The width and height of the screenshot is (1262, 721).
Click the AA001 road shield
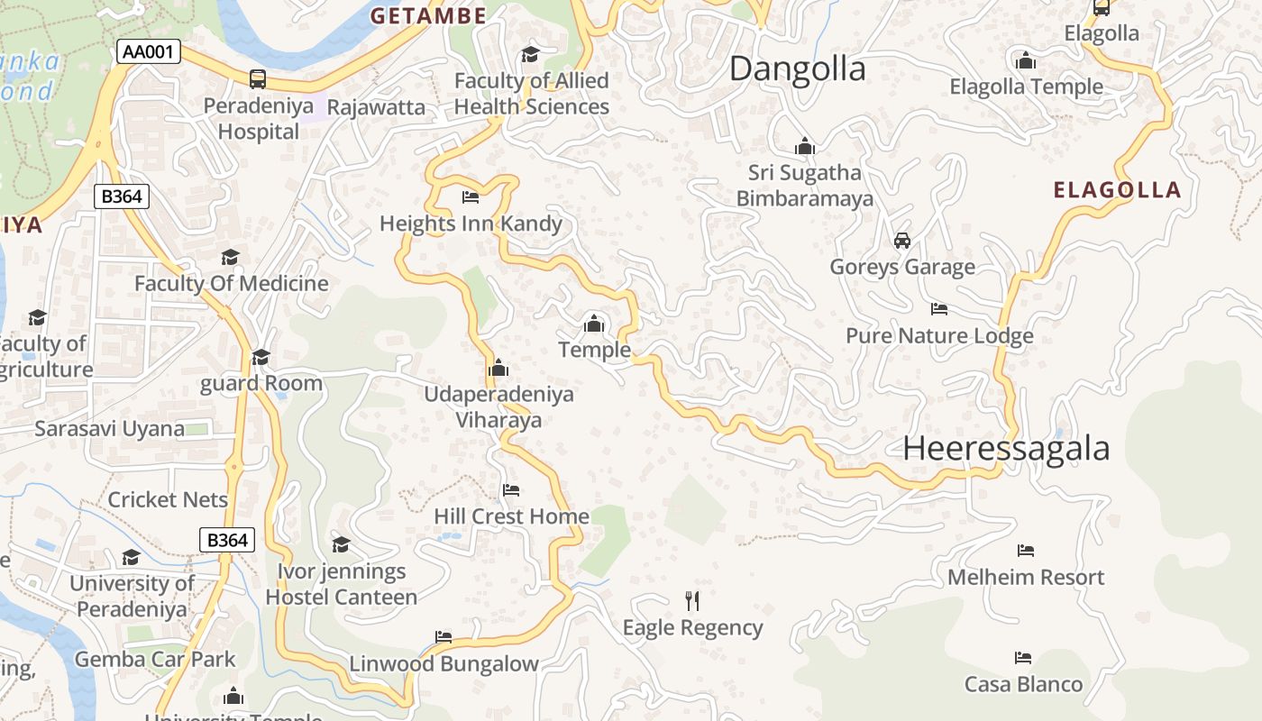pos(149,52)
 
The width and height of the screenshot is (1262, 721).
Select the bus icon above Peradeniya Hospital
pos(258,79)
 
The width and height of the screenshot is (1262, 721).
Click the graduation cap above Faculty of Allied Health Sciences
pos(530,55)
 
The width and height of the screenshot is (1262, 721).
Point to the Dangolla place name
pos(797,68)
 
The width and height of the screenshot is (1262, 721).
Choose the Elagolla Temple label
pos(1026,87)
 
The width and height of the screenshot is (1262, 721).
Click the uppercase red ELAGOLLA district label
pos(1117,189)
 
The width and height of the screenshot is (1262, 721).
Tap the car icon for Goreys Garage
pos(901,241)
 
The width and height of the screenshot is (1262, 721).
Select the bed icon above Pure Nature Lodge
pos(938,309)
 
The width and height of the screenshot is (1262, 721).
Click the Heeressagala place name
pos(1006,448)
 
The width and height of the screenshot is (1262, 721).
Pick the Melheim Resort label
pos(1025,577)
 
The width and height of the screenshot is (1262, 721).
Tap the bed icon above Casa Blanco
pos(1022,658)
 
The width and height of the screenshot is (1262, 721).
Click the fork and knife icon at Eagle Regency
pos(692,600)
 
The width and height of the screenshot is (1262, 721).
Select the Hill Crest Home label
pos(511,516)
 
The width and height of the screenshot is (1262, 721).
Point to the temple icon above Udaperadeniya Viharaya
pos(498,368)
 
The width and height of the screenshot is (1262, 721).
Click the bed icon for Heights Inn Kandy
pos(470,196)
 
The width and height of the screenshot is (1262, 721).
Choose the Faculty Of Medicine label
pos(231,283)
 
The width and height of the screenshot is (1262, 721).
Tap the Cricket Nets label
pos(168,499)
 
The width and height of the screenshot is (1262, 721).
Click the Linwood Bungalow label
pos(444,664)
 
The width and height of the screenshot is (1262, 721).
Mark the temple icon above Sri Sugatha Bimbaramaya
pos(804,146)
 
